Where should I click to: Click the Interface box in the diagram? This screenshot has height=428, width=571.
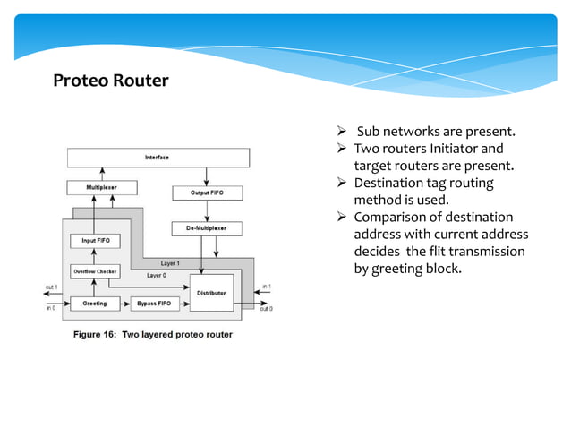(x=158, y=158)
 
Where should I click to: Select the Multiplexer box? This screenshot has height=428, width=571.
(x=99, y=188)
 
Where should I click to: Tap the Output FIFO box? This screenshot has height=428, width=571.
(x=207, y=193)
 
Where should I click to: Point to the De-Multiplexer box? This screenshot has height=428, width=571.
(x=207, y=228)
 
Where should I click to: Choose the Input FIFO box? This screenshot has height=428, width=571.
(x=96, y=241)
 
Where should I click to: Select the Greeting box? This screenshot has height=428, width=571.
(x=95, y=304)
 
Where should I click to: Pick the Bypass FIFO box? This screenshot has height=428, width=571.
(x=153, y=304)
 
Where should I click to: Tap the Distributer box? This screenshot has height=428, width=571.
(x=211, y=292)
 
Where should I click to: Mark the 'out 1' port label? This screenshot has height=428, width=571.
(x=53, y=287)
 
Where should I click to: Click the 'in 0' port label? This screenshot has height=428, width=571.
(x=52, y=308)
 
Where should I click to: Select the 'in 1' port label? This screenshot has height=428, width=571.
(x=266, y=287)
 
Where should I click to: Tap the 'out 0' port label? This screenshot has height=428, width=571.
(x=266, y=309)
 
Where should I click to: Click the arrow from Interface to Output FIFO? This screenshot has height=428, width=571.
(x=207, y=176)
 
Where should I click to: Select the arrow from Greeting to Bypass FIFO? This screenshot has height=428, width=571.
(x=124, y=304)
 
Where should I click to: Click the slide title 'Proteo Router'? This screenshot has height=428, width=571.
(x=110, y=81)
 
